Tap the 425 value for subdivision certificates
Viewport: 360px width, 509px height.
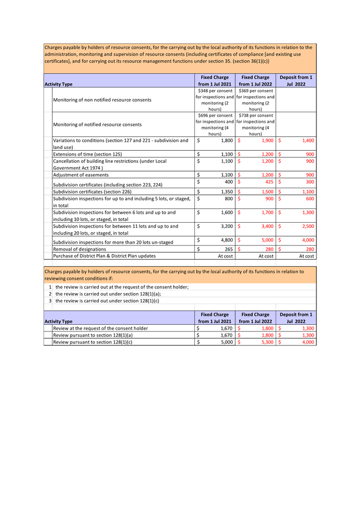pos(268,182)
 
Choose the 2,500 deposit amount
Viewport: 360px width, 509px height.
pos(307,227)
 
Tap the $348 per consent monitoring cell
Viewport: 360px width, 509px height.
pos(215,100)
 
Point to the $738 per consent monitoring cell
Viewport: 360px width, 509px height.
pos(256,124)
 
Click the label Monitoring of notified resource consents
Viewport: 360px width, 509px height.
pos(97,124)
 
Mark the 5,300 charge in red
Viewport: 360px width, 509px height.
pos(267,342)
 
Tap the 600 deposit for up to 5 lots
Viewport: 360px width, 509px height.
pos(308,198)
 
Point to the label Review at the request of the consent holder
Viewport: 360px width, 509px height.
pos(100,329)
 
